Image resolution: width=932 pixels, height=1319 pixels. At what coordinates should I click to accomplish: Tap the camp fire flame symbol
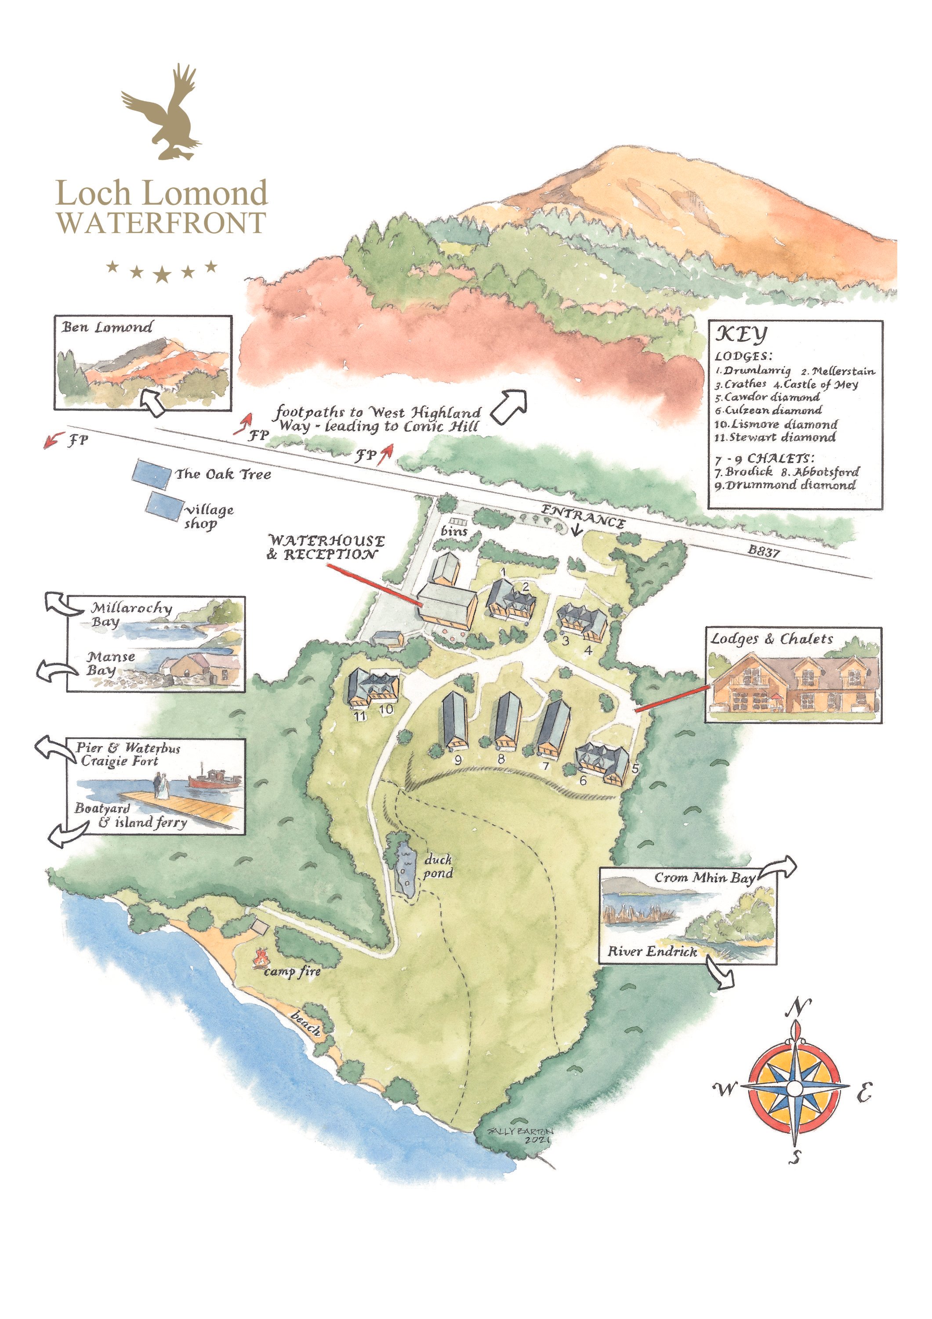pos(261,957)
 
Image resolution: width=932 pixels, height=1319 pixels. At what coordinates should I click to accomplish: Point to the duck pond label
pos(438,866)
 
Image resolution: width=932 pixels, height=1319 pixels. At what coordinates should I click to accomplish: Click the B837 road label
pos(763,551)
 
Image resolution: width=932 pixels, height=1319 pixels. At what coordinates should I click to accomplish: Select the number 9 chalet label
pos(458,759)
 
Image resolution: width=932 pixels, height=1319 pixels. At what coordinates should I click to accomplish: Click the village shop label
pos(208,516)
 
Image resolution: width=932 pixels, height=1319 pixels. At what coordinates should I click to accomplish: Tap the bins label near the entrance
pos(453,532)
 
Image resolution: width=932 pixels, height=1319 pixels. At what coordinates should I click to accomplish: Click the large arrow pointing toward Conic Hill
pos(508,406)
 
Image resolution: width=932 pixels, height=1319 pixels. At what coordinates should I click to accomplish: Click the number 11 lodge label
pos(359,716)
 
